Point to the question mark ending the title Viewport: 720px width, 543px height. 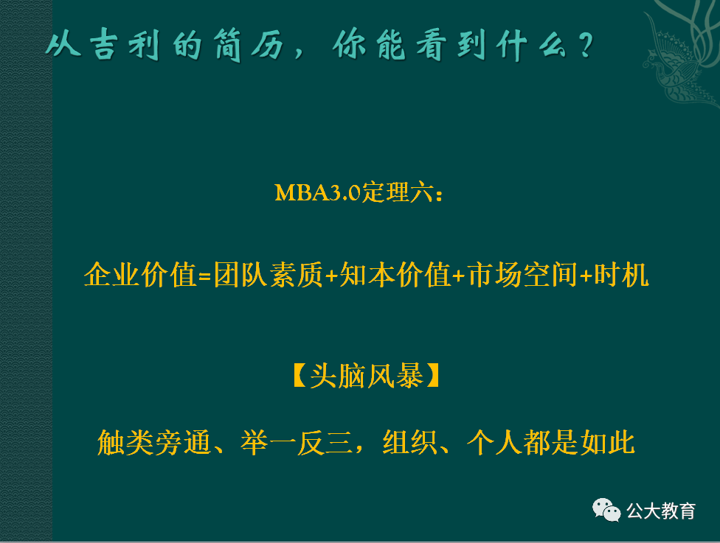pyautogui.click(x=585, y=48)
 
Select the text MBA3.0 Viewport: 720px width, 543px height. pyautogui.click(x=317, y=193)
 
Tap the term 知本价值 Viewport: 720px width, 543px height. pyautogui.click(x=395, y=276)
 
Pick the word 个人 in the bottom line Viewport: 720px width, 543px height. pyautogui.click(x=494, y=444)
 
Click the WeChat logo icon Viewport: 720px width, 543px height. pyautogui.click(x=607, y=509)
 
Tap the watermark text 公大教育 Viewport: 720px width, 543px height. pyautogui.click(x=661, y=510)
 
